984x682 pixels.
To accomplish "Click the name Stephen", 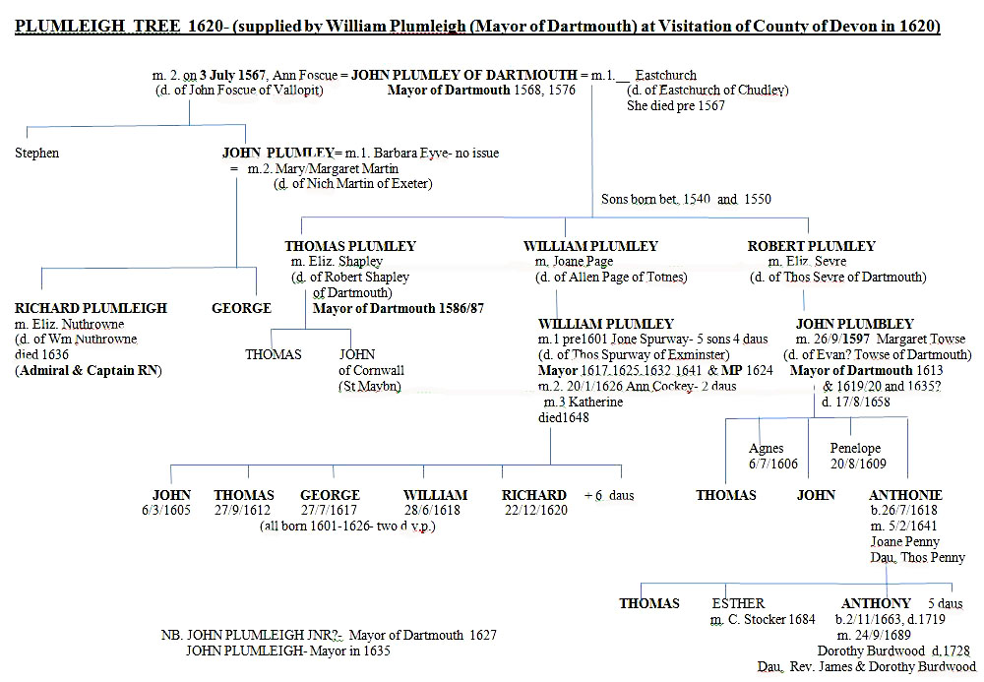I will click(x=37, y=153).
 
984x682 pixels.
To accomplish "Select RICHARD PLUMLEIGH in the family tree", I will click(x=91, y=308).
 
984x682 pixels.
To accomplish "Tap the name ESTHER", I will click(x=737, y=603).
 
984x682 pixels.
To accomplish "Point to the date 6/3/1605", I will click(x=171, y=511).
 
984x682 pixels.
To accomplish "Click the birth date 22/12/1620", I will click(x=535, y=511).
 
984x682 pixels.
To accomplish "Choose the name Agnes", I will click(x=767, y=449).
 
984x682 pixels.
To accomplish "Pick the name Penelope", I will click(x=854, y=449).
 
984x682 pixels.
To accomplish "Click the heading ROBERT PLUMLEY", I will click(x=811, y=246).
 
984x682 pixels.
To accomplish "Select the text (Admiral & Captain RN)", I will click(x=88, y=371).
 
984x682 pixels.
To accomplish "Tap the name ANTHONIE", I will click(x=905, y=495).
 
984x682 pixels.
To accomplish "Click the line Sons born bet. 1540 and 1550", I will click(x=686, y=199).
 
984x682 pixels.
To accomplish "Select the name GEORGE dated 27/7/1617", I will click(x=330, y=495).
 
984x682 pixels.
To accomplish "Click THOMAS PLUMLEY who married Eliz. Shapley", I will click(x=350, y=246).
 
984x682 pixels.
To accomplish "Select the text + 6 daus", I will click(x=609, y=495).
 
